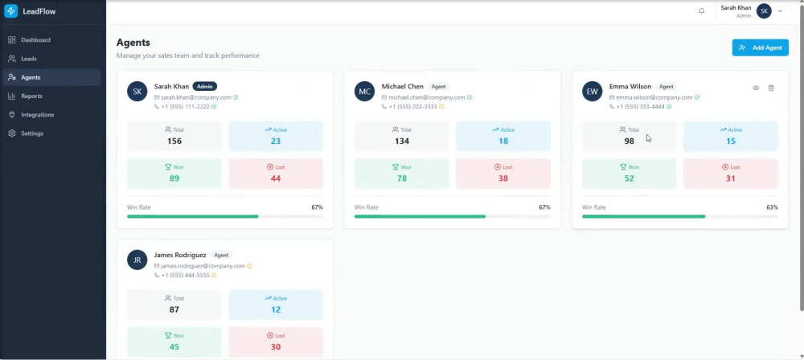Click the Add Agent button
click(x=760, y=47)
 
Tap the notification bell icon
click(x=701, y=10)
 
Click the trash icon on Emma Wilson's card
click(x=771, y=88)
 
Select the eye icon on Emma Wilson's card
click(x=756, y=88)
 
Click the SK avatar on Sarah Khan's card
click(x=137, y=92)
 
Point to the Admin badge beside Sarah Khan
click(x=205, y=87)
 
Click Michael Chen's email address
click(x=427, y=97)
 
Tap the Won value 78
click(x=401, y=178)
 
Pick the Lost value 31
click(x=730, y=178)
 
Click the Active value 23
click(x=275, y=141)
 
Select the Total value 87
click(x=174, y=309)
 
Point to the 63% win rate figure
click(x=772, y=207)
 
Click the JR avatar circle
click(x=137, y=260)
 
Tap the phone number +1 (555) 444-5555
click(x=185, y=276)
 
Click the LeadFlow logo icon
click(x=10, y=10)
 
